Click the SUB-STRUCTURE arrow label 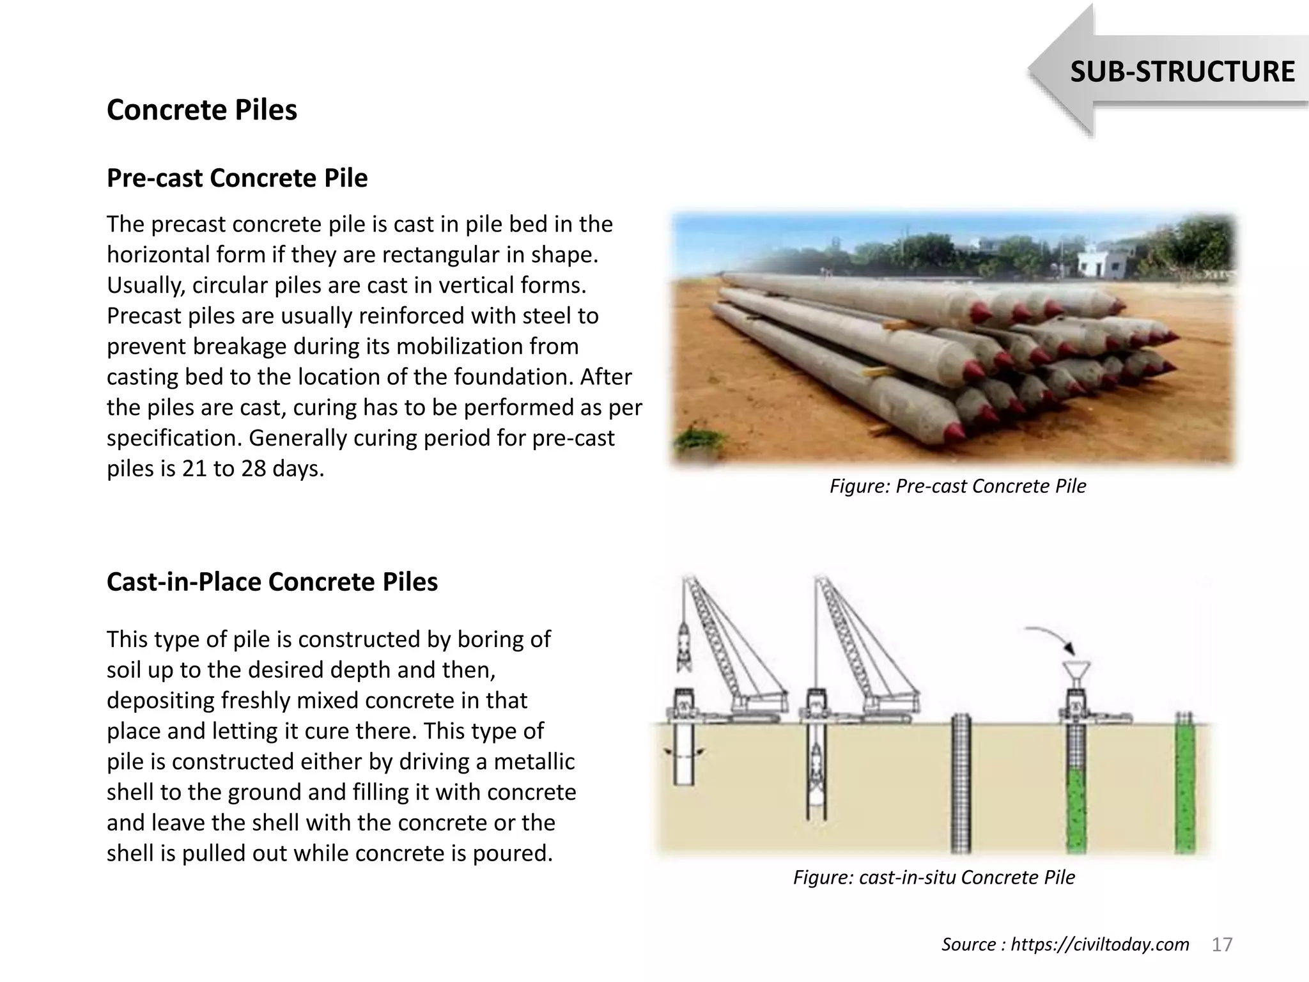[1182, 72]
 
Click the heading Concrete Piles [201, 110]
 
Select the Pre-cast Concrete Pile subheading [237, 178]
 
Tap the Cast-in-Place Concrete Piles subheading [272, 582]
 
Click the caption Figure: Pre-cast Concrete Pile [957, 487]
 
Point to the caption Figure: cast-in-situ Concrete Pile [934, 877]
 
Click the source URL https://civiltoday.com [1099, 944]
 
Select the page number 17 [1222, 944]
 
